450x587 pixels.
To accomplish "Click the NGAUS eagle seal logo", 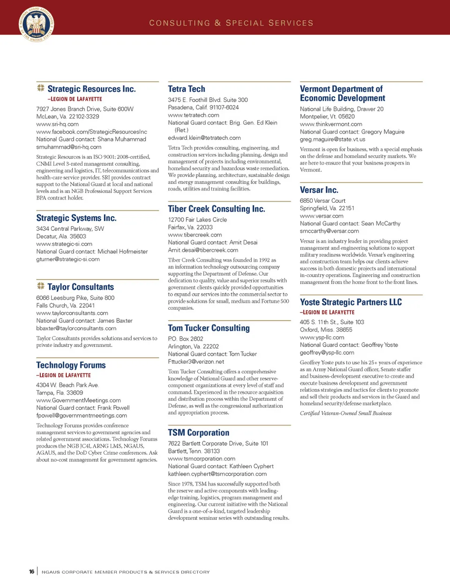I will click(37, 24).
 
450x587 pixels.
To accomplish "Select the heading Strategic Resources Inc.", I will click(91, 89).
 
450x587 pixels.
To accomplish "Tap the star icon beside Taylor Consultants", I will click(41, 286).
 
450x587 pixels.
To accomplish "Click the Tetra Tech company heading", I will click(187, 89).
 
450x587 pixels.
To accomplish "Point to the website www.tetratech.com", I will click(194, 115).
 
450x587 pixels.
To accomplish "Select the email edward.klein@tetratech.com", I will click(204, 138).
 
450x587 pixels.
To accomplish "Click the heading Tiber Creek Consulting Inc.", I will click(217, 209).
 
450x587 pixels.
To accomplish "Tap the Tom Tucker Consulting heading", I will click(209, 328).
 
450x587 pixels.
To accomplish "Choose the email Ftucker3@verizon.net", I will click(196, 362).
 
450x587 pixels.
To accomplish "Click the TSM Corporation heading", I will click(199, 433).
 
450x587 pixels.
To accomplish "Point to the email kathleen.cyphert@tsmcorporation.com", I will click(217, 474).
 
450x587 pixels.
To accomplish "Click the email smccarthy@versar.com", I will click(329, 231).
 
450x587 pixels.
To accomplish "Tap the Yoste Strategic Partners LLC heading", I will click(351, 302).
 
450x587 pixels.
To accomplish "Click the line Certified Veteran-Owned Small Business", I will click(345, 413).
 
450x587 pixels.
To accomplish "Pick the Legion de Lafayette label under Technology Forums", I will click(64, 375).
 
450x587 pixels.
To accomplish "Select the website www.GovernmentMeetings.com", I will click(78, 400).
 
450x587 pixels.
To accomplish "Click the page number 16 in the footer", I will click(31, 572).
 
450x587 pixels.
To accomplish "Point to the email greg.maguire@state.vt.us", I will click(332, 139).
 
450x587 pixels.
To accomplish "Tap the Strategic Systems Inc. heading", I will click(76, 218).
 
